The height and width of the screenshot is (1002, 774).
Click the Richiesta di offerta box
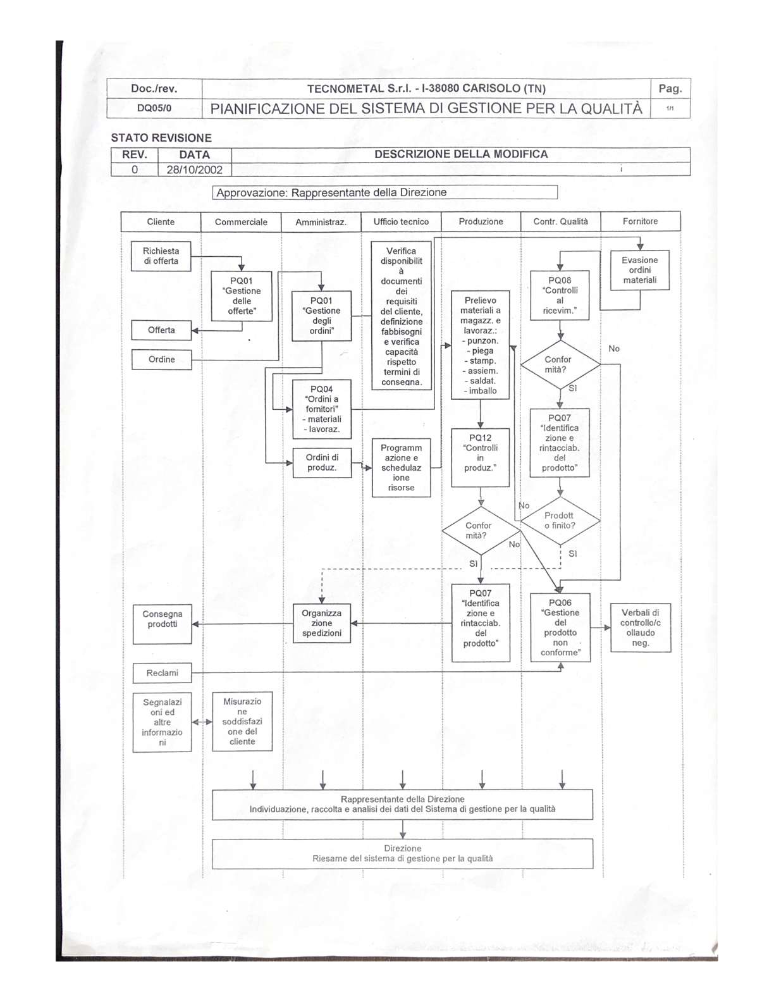(161, 256)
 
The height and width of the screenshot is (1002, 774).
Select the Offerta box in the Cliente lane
(161, 330)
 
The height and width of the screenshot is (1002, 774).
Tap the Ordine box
(161, 359)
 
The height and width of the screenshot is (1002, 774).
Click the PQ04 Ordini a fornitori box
(321, 409)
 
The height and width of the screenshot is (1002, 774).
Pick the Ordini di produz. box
(321, 462)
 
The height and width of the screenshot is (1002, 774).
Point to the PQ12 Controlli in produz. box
(480, 458)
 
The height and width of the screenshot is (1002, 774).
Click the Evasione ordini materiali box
(639, 270)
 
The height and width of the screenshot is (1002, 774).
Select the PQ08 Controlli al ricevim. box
(560, 295)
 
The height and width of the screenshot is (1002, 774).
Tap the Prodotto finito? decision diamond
(560, 521)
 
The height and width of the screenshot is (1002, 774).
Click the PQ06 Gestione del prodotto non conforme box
(560, 628)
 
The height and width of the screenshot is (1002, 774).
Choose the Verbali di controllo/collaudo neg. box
(640, 628)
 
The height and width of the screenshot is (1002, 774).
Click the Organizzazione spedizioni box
(321, 623)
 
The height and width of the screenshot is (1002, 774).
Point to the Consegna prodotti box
(162, 624)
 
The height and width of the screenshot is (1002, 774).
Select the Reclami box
(162, 673)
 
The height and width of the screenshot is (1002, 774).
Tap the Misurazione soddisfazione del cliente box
(242, 722)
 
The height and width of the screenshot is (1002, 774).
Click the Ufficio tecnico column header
(401, 221)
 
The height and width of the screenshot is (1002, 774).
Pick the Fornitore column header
(640, 221)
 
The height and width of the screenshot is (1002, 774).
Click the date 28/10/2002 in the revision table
(194, 170)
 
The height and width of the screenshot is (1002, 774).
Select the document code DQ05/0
(154, 108)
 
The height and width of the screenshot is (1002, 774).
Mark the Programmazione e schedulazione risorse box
(401, 467)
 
